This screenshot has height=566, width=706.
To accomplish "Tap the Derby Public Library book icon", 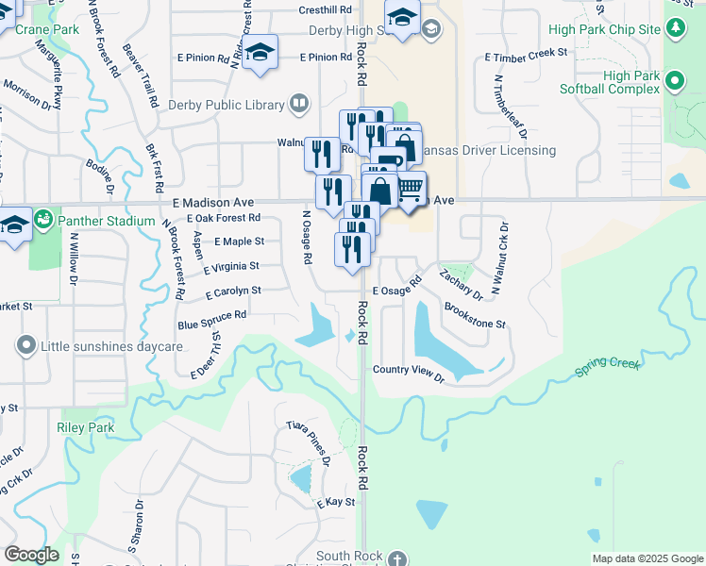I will tap(299, 102).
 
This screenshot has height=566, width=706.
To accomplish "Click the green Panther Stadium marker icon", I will tap(42, 221).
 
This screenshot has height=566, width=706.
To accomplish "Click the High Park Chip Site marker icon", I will tap(676, 28).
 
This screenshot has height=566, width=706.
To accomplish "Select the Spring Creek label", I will tap(608, 368).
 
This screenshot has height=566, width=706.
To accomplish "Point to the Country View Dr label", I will tap(408, 370).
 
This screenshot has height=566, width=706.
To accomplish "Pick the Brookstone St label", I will tap(475, 316).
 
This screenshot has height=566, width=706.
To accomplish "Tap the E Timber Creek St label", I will tap(526, 57).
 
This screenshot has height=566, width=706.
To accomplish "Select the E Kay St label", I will tap(336, 503).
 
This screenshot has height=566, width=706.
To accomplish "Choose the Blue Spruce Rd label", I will tap(212, 315).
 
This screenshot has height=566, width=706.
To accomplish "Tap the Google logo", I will tap(31, 555).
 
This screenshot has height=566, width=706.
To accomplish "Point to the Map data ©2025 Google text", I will tap(647, 558).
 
